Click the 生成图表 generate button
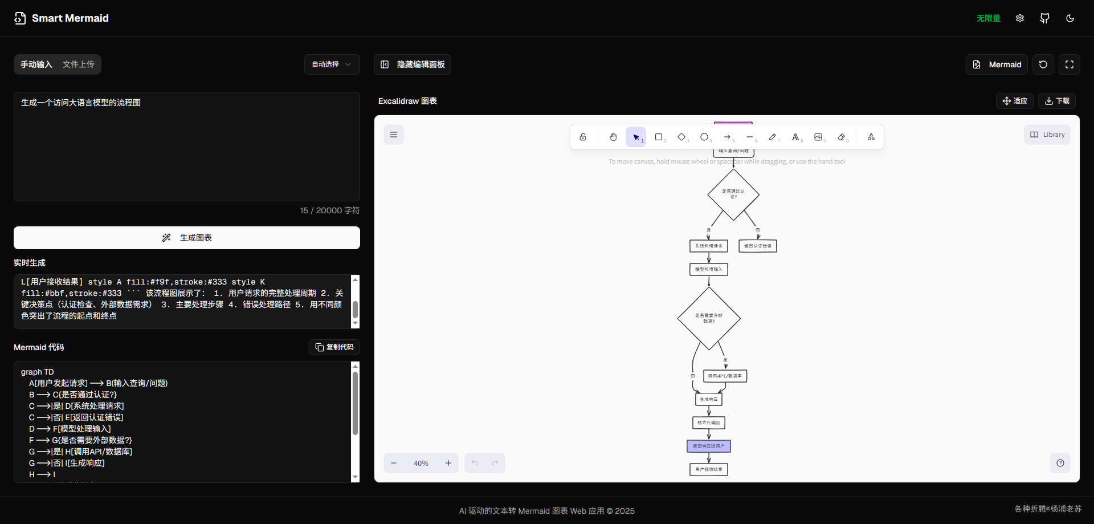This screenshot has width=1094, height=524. [187, 238]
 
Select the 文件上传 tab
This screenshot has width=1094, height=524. [79, 64]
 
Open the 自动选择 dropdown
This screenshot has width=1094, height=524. [332, 64]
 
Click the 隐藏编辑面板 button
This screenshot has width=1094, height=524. [413, 64]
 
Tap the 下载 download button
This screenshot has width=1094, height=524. [1057, 101]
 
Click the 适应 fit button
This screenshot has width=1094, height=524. [1015, 101]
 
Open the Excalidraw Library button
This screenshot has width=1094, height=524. [1047, 135]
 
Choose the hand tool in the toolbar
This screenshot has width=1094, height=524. [613, 137]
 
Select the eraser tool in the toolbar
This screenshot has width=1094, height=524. [842, 137]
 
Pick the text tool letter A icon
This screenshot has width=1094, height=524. [795, 137]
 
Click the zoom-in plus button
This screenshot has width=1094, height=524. [448, 463]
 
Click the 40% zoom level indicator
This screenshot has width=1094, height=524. [421, 463]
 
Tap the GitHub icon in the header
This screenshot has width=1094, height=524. [1044, 18]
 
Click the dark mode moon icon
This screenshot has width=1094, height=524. [1070, 18]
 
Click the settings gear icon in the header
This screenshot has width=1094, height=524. [1020, 18]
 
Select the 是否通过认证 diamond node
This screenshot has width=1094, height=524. [733, 194]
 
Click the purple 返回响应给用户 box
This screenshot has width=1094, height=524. [709, 446]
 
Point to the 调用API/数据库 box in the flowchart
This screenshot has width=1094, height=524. [725, 376]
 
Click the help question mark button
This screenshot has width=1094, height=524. [1060, 463]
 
